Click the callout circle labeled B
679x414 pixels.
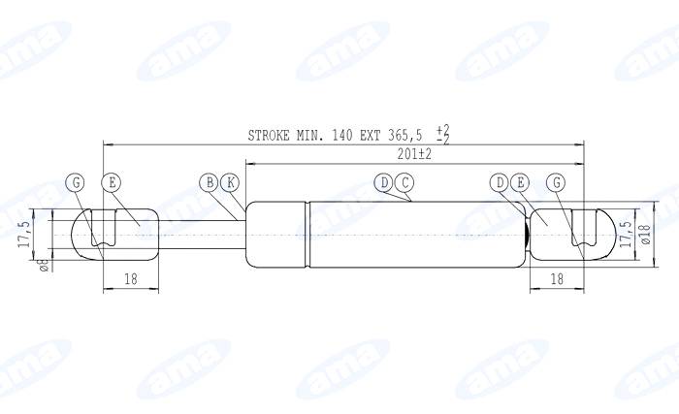click(209, 181)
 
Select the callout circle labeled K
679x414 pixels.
click(229, 181)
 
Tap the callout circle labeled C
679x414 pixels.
click(404, 181)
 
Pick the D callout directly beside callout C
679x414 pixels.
click(385, 181)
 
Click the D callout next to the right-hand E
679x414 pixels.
click(499, 181)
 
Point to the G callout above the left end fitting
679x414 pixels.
click(77, 181)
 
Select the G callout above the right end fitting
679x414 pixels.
click(555, 181)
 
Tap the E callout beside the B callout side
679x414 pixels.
click(112, 181)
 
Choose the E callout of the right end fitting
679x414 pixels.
click(519, 181)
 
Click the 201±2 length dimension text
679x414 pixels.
click(414, 154)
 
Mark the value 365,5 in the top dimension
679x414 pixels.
click(405, 136)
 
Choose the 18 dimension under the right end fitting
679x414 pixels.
click(557, 279)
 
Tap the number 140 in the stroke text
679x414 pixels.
click(343, 136)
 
